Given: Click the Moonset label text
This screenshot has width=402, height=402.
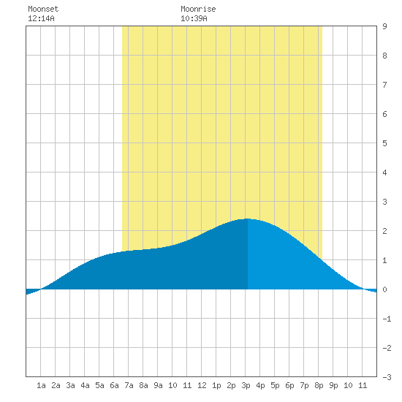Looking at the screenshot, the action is point(43,9).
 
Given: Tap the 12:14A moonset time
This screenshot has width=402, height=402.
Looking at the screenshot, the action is point(41,18).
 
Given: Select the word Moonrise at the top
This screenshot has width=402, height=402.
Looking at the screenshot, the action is point(198,9).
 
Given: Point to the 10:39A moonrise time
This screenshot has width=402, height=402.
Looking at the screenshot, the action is point(194,18).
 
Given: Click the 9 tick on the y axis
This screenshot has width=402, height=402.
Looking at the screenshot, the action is point(384,26).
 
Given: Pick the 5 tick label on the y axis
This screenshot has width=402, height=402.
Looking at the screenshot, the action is point(384,143).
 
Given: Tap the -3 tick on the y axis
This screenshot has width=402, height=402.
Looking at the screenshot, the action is point(387,377).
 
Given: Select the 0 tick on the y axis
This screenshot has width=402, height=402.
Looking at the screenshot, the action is point(384,289).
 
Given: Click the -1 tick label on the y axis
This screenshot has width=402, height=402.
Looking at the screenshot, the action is point(387,319).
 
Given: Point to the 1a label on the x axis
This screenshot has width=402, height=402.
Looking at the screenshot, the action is point(41,385).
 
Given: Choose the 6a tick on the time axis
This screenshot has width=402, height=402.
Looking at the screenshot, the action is point(114,385).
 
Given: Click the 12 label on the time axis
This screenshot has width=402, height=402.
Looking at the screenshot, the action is point(202,385).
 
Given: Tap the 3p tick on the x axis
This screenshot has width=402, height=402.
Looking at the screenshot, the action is point(246,385).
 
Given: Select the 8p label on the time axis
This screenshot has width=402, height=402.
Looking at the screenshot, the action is point(319,385).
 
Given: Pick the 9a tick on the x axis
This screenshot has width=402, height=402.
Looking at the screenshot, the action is point(158,385).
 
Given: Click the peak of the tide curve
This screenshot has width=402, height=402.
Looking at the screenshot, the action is point(247,219).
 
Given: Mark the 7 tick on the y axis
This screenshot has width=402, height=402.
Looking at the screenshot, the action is point(384,85).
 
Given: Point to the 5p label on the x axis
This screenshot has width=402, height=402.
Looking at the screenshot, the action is point(275,385).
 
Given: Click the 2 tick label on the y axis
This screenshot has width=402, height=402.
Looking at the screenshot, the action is point(384,231).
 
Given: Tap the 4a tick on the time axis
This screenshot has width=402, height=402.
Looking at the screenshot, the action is point(85,385).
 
